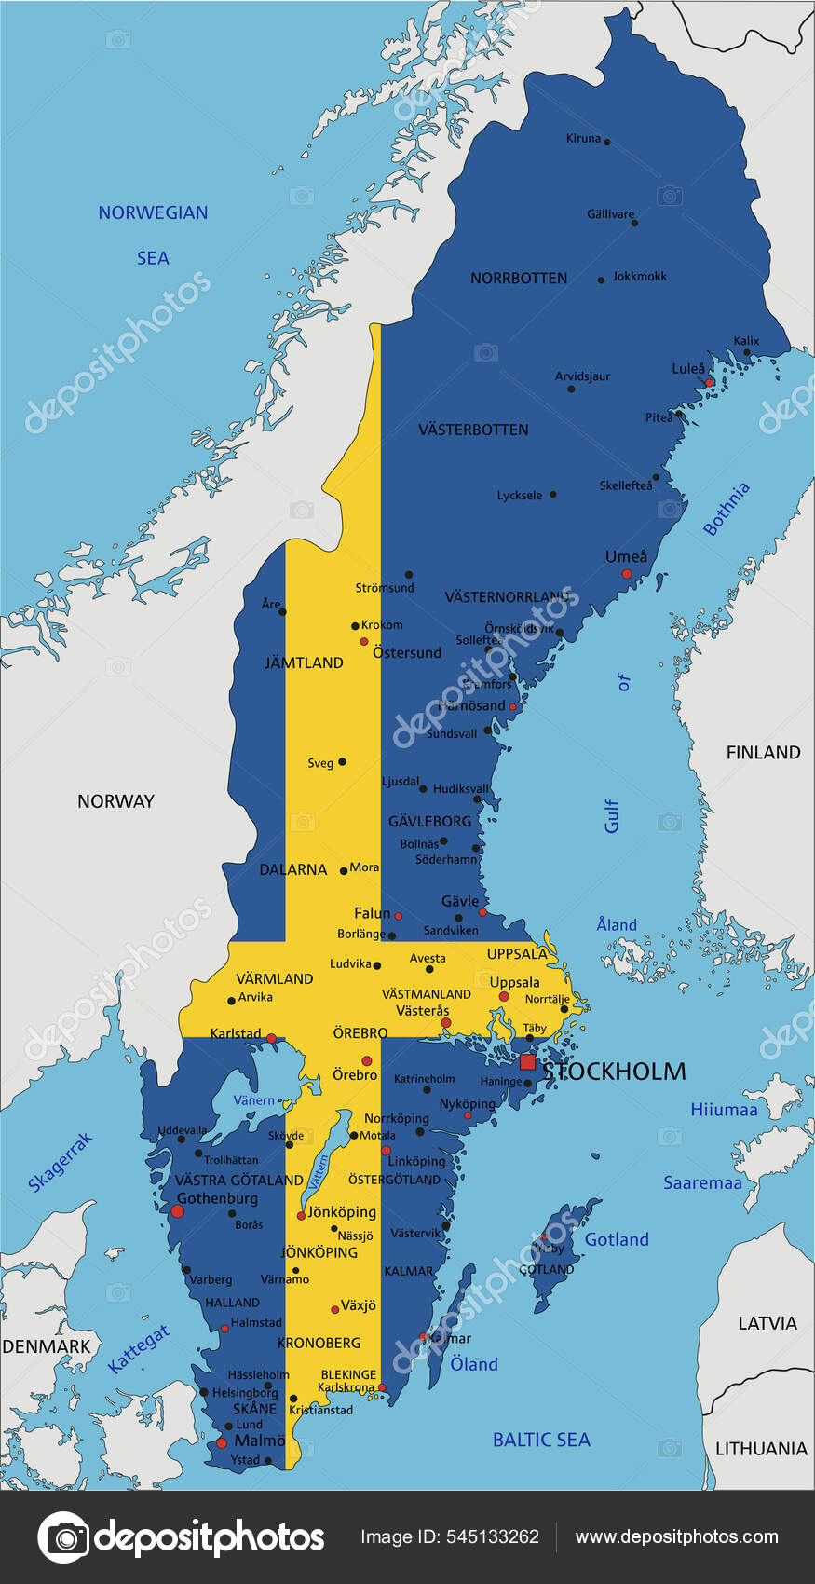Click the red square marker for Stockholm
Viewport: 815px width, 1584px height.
[x=528, y=1062]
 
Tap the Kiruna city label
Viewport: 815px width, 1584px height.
[x=583, y=138]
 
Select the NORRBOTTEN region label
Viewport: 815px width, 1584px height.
[x=519, y=278]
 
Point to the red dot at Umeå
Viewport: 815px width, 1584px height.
[x=627, y=574]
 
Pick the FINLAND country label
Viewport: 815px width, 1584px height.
[x=763, y=752]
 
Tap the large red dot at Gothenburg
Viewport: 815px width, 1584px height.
[x=178, y=1211]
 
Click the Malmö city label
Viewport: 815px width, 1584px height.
[x=259, y=1440]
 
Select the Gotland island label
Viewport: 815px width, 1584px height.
[x=617, y=1239]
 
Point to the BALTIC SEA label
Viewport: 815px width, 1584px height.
[x=541, y=1440]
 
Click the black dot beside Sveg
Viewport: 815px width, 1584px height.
[x=342, y=761]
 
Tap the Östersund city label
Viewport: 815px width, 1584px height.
[x=407, y=652]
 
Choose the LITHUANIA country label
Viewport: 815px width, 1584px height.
[x=761, y=1448]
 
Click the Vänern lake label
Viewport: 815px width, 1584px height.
[x=253, y=1100]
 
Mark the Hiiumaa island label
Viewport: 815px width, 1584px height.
[x=724, y=1109]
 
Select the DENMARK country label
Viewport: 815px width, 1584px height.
[x=47, y=1346]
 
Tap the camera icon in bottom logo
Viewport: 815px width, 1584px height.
[x=62, y=1537]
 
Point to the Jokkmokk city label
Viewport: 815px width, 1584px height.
[x=640, y=276]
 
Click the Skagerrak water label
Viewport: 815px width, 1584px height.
[x=61, y=1162]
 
